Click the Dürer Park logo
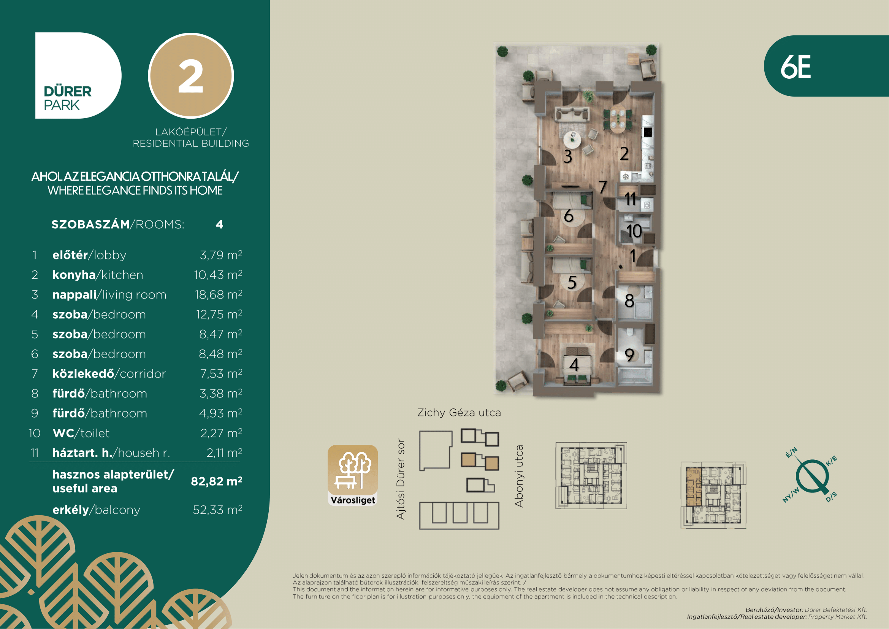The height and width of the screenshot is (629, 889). [78, 76]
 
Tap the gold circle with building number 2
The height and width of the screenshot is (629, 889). [191, 76]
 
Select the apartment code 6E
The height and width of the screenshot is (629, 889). [795, 67]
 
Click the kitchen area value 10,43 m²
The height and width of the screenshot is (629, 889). [218, 275]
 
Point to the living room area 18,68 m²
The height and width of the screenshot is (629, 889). [219, 294]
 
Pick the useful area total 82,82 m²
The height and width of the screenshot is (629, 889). [216, 481]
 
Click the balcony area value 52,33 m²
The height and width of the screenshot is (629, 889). [218, 510]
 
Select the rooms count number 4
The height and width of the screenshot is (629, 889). [219, 224]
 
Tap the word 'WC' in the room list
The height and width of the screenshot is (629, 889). [63, 433]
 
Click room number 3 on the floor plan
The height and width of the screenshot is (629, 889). [567, 156]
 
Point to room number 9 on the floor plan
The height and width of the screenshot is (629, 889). [629, 355]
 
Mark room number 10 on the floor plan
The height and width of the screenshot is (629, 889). [634, 231]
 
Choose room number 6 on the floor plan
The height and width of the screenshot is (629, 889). [568, 216]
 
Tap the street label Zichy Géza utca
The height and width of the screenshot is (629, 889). [459, 413]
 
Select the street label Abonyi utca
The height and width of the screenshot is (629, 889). [519, 476]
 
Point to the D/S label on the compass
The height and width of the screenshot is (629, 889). [831, 497]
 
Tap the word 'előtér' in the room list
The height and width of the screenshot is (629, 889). [70, 255]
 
